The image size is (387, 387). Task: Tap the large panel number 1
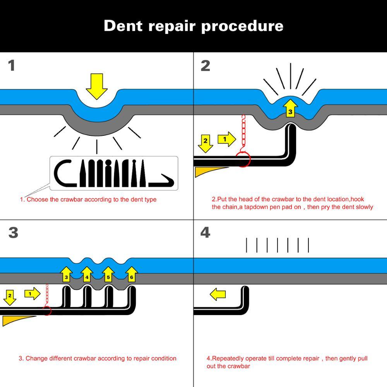point(12,65)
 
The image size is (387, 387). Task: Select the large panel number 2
point(205,65)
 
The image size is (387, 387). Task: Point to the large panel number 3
point(13,233)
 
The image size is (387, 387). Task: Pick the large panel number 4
point(205,233)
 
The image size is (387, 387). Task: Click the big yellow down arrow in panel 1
point(96,86)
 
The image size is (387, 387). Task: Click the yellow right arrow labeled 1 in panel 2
point(226,139)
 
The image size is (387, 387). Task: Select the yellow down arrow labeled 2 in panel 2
point(205,143)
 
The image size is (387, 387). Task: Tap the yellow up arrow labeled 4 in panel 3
point(87,274)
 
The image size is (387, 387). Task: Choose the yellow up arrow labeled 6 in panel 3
point(132,274)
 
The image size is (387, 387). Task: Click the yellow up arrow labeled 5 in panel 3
point(108,274)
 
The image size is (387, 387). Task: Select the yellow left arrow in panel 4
point(217,295)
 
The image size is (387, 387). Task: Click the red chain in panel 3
point(47,296)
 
